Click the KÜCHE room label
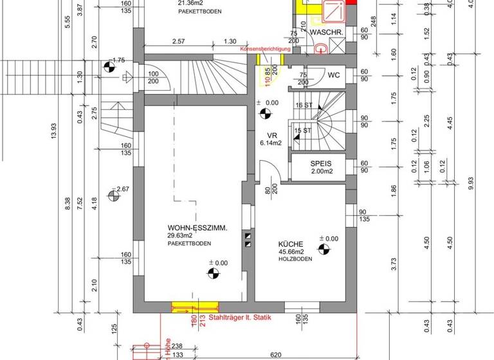point(291,244)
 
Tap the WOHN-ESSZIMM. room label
point(197,228)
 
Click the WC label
point(333,75)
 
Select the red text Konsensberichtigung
point(266,49)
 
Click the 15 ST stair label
point(302,131)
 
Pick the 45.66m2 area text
point(292,252)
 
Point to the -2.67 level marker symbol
point(114,194)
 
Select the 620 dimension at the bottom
point(275,354)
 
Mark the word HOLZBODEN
point(296,259)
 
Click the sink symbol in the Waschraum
point(321,47)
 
